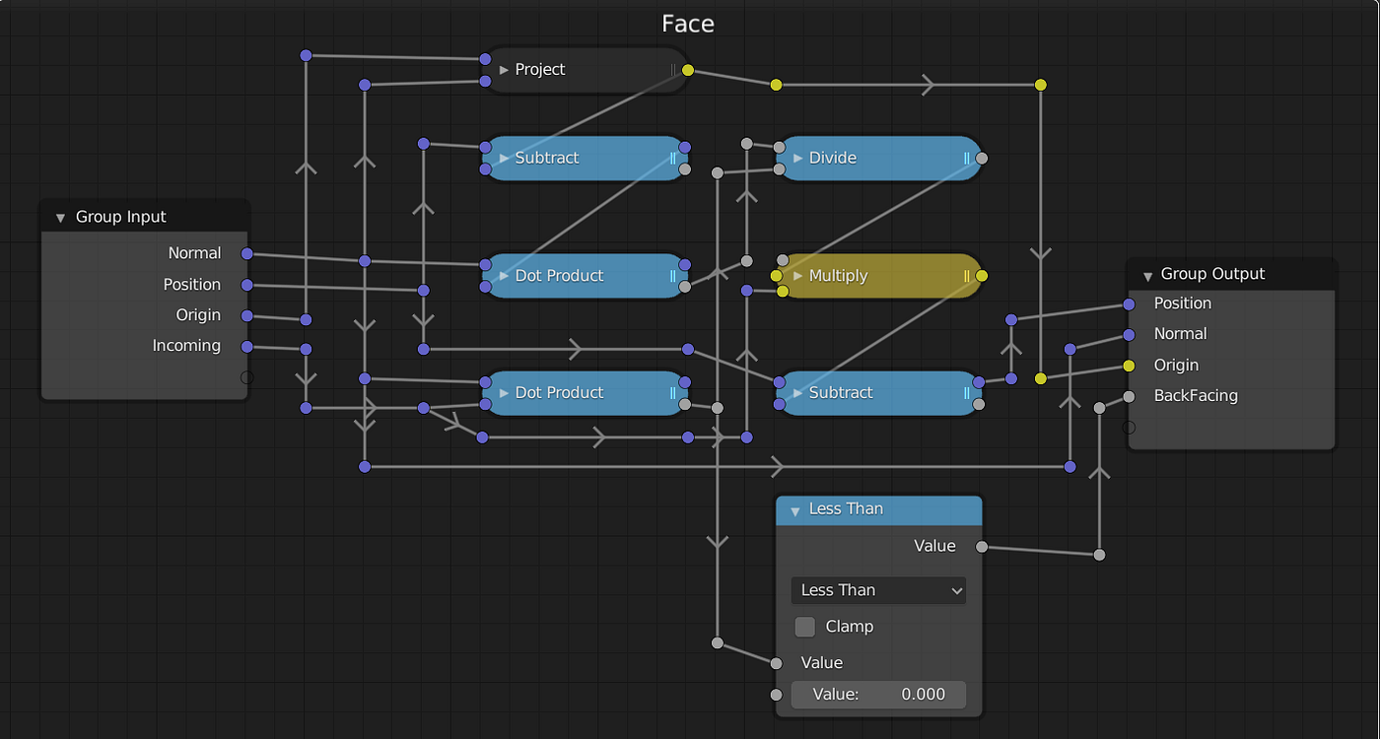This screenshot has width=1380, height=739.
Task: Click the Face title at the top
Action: click(687, 24)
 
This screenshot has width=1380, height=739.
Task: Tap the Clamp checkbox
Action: click(805, 627)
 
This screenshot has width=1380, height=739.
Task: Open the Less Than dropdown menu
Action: click(878, 590)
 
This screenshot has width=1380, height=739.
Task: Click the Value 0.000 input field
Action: click(878, 695)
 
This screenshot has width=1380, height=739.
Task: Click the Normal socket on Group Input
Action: click(247, 254)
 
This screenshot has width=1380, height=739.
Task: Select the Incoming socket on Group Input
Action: click(247, 347)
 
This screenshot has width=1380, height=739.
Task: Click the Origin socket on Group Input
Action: click(247, 316)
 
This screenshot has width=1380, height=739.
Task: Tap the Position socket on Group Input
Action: click(247, 286)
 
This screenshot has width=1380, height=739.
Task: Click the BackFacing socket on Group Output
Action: click(1130, 397)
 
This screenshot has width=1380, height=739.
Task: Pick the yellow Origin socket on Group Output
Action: click(1130, 366)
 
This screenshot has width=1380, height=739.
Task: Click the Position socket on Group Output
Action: click(1130, 304)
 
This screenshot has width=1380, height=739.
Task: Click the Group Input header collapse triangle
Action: click(60, 218)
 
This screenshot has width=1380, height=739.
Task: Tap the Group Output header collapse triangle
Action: click(1146, 275)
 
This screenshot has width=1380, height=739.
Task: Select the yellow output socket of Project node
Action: click(688, 70)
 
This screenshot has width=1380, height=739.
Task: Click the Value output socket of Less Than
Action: click(982, 547)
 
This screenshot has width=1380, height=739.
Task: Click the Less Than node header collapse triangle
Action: click(794, 510)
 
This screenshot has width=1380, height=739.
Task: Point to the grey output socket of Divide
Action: click(982, 158)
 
